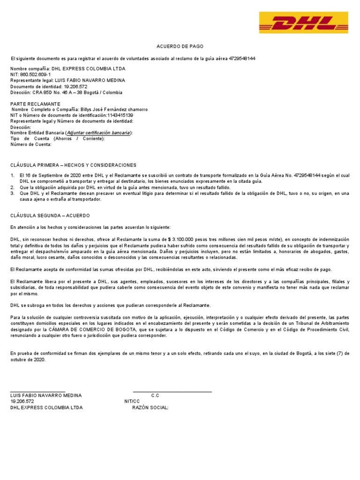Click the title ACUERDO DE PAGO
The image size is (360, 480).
180,47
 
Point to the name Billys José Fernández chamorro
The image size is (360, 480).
114,110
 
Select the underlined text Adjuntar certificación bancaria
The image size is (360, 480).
98,133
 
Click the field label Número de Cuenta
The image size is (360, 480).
31,144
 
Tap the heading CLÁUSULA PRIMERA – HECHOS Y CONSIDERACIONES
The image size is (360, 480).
73,165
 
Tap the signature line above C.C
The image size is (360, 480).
172,391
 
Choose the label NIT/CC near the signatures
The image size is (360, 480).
132,402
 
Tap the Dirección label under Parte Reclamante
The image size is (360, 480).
21,127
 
